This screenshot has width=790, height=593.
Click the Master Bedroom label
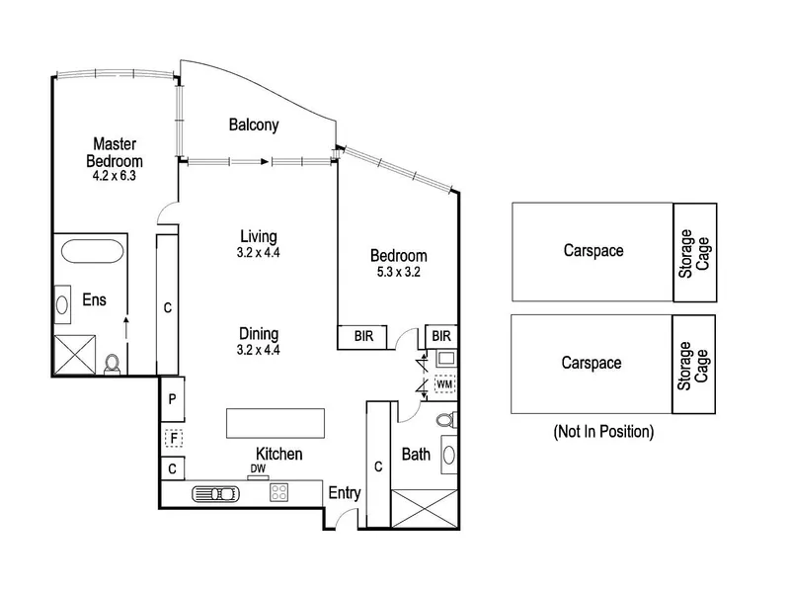click(115, 152)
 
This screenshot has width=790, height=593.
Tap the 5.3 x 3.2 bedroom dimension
click(399, 273)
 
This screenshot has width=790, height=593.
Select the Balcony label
click(254, 125)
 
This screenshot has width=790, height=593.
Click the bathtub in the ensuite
click(92, 251)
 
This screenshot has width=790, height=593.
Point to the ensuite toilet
click(112, 364)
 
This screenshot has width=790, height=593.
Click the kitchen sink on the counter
click(215, 493)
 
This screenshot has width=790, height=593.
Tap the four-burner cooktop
click(278, 492)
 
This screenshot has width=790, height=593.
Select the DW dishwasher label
click(258, 468)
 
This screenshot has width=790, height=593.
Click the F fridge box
click(174, 438)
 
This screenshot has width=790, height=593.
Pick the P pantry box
click(172, 399)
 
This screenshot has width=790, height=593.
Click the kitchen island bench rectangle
click(276, 424)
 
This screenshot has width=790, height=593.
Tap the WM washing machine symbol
click(444, 384)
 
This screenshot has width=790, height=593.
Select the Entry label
click(345, 492)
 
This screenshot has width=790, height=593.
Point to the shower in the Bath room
click(425, 509)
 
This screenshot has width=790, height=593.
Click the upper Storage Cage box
click(695, 253)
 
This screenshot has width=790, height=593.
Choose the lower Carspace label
click(592, 363)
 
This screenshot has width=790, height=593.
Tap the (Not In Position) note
click(603, 432)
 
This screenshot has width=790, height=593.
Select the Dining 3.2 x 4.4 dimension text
click(259, 350)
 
